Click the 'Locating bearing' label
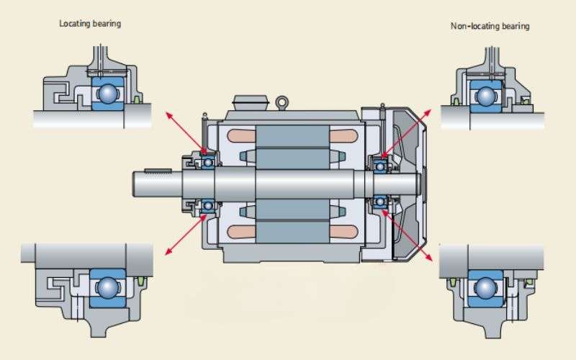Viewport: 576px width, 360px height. tap(90, 24)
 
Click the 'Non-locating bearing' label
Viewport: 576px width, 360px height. tap(490, 26)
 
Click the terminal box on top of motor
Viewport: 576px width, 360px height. tap(251, 102)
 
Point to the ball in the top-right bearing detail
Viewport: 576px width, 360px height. tap(485, 96)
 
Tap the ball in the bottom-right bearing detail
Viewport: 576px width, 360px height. tap(485, 287)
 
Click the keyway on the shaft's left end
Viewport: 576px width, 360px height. tap(158, 171)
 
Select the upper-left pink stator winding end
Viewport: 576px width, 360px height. tap(241, 136)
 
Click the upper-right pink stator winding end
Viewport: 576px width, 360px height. tap(343, 136)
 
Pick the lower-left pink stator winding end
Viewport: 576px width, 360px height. tap(241, 232)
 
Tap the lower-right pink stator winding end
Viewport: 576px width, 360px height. tap(343, 232)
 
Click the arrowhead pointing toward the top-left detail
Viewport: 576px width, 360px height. tap(169, 116)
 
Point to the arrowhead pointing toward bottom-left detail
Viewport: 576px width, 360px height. tap(168, 251)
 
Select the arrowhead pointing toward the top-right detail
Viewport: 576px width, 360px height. tap(428, 112)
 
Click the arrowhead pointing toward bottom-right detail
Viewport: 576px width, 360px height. tap(428, 257)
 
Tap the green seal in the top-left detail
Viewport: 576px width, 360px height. tap(137, 99)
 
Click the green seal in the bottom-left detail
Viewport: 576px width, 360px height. tap(140, 282)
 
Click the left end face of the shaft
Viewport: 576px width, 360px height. tap(133, 184)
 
